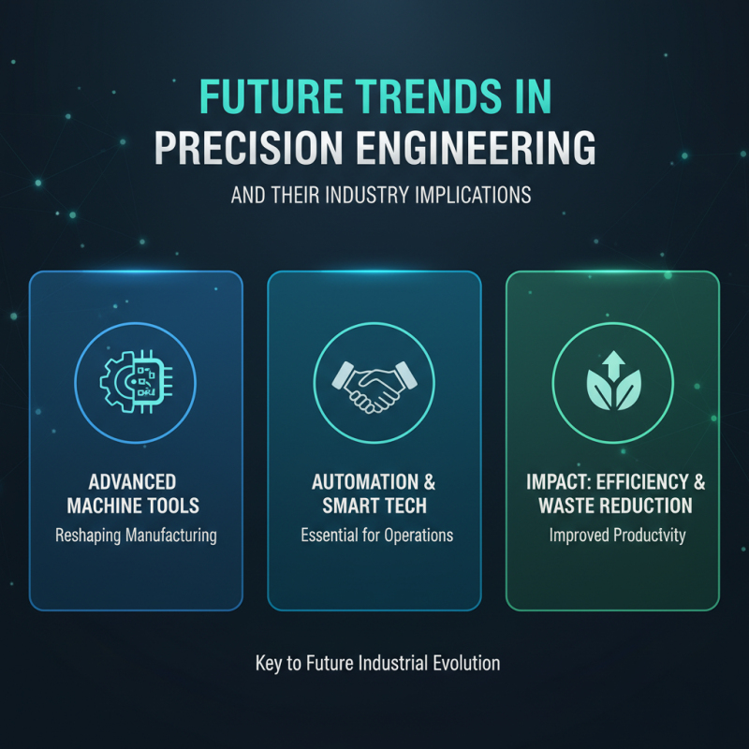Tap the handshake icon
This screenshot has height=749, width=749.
[374, 385]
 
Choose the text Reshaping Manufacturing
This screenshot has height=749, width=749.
[136, 536]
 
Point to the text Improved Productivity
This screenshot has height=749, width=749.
[614, 536]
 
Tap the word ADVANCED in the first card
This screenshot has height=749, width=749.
[133, 482]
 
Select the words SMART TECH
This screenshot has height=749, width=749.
[374, 507]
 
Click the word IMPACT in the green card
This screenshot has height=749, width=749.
[553, 482]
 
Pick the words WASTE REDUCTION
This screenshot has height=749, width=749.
[614, 507]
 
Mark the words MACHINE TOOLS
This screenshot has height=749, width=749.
[135, 507]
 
